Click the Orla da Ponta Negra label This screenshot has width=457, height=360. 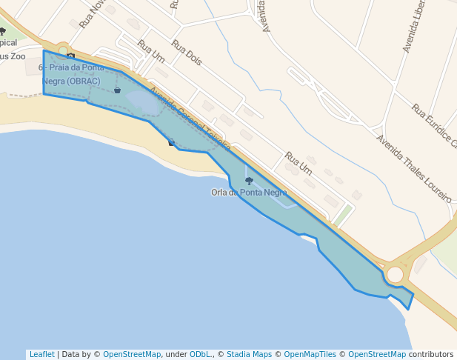(x=249, y=193)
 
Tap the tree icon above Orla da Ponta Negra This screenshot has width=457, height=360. (x=249, y=181)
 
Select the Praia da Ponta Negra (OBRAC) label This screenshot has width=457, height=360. (x=71, y=74)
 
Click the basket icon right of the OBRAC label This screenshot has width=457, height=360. (x=117, y=90)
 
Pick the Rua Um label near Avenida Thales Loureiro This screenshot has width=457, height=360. (x=298, y=164)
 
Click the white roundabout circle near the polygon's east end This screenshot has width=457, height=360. (x=395, y=275)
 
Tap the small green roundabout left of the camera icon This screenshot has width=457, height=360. (x=63, y=51)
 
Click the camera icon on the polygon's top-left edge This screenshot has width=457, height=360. (x=70, y=56)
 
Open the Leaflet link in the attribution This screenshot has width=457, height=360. (x=41, y=354)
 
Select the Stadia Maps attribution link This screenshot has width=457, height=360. (x=249, y=354)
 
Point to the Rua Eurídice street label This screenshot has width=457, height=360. (x=434, y=125)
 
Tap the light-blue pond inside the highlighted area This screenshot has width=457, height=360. (x=145, y=102)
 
